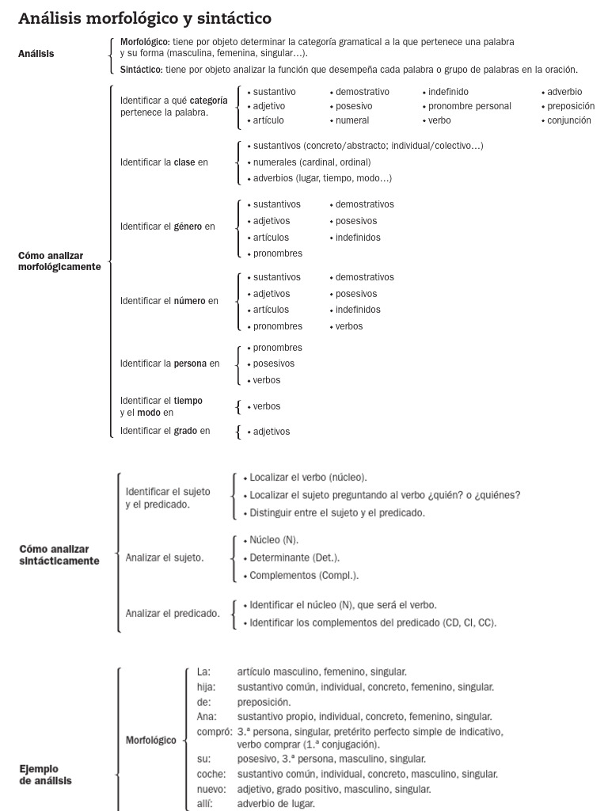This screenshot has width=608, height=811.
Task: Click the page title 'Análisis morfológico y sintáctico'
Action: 145,17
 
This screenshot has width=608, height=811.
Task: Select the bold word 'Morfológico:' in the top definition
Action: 145,41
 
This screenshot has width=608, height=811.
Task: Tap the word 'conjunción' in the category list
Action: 569,120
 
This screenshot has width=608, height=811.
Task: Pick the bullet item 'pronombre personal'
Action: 469,106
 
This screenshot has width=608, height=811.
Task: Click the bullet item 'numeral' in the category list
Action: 352,120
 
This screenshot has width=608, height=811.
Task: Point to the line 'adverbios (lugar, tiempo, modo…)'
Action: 322,178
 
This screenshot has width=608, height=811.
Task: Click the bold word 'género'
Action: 188,227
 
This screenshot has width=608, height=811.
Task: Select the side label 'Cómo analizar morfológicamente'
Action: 59,261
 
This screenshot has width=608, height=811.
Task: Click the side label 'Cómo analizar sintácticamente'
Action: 59,555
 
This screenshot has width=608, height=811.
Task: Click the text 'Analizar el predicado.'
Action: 173,613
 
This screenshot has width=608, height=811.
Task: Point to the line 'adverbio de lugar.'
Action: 275,803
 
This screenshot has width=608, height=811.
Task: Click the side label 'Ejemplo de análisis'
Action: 45,775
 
